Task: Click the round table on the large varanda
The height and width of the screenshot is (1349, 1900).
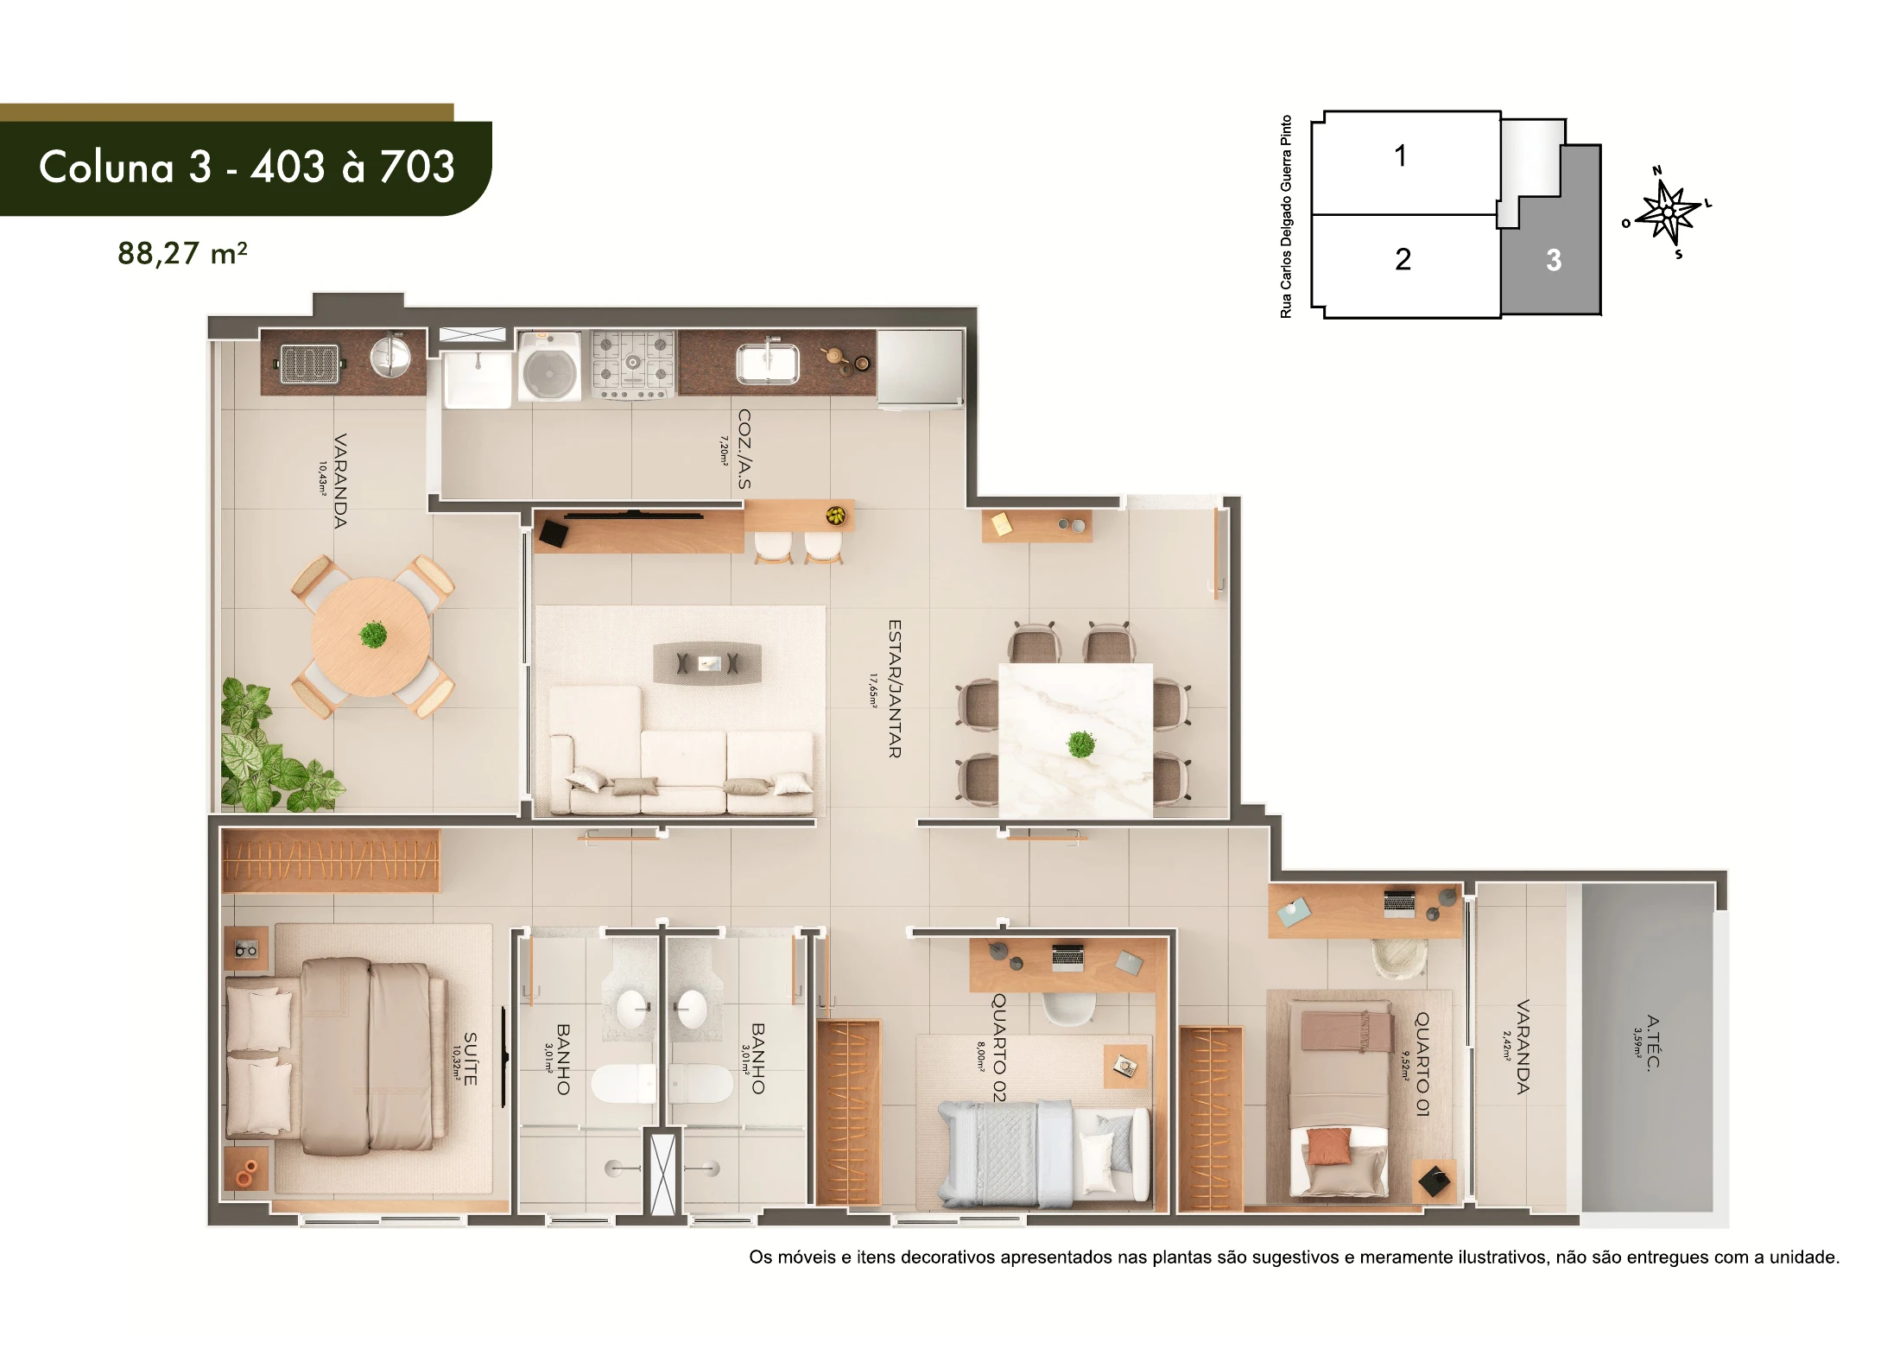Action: point(371,636)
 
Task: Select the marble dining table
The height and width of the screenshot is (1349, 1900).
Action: point(1075,740)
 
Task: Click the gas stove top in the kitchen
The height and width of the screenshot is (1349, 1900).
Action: point(633,364)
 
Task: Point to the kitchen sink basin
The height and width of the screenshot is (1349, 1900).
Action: point(767,363)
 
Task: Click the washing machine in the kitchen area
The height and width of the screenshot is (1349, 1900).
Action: point(549,367)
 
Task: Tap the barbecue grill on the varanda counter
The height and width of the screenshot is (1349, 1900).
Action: point(309,364)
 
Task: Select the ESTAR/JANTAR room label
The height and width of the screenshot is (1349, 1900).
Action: point(895,688)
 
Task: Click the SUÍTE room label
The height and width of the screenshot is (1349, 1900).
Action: point(470,1059)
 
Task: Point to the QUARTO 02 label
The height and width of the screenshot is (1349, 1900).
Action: point(998,1047)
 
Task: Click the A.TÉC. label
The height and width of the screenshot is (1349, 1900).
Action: point(1652,1042)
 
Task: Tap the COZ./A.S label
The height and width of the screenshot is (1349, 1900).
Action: point(744,449)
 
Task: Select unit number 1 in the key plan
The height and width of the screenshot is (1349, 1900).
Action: point(1401,156)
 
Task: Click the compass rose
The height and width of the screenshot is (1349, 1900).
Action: point(1669,212)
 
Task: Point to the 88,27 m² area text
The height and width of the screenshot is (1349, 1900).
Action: point(182,254)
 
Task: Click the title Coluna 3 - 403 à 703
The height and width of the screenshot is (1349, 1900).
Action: point(247,167)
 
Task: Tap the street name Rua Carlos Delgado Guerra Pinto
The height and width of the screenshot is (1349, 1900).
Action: point(1286,217)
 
